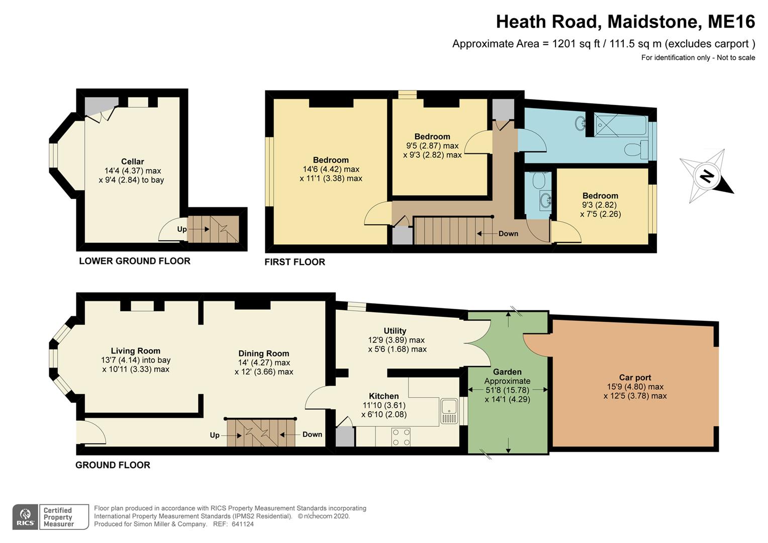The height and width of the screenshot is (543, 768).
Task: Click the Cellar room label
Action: pyautogui.click(x=132, y=161)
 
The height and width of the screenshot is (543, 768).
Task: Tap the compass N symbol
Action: pyautogui.click(x=707, y=176)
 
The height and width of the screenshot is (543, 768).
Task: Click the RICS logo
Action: pyautogui.click(x=25, y=517)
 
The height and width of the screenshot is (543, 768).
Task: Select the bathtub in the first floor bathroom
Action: pyautogui.click(x=620, y=125)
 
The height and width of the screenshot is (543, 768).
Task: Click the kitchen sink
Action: pyautogui.click(x=449, y=411)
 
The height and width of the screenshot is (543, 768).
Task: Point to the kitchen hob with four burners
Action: pyautogui.click(x=401, y=437)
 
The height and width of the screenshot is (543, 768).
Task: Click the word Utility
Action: pyautogui.click(x=395, y=331)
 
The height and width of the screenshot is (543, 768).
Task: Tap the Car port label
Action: pyautogui.click(x=635, y=377)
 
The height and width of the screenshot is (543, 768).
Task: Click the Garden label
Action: pyautogui.click(x=507, y=372)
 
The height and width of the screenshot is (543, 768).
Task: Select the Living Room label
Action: pyautogui.click(x=135, y=351)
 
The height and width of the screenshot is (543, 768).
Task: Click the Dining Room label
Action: pyautogui.click(x=264, y=353)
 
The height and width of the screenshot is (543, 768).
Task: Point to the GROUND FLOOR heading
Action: pyautogui.click(x=113, y=465)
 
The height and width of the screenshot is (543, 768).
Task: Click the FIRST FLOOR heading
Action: pyautogui.click(x=295, y=262)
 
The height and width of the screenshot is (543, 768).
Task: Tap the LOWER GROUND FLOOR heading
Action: pyautogui.click(x=134, y=261)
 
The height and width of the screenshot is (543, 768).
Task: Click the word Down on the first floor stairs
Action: pyautogui.click(x=508, y=234)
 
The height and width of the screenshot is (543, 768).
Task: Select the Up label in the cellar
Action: pyautogui.click(x=182, y=229)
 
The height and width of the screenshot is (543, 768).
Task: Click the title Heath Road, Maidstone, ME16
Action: pyautogui.click(x=625, y=22)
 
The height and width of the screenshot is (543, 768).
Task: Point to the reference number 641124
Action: pyautogui.click(x=242, y=524)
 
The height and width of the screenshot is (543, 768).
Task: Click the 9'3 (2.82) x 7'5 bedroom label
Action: pyautogui.click(x=600, y=205)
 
